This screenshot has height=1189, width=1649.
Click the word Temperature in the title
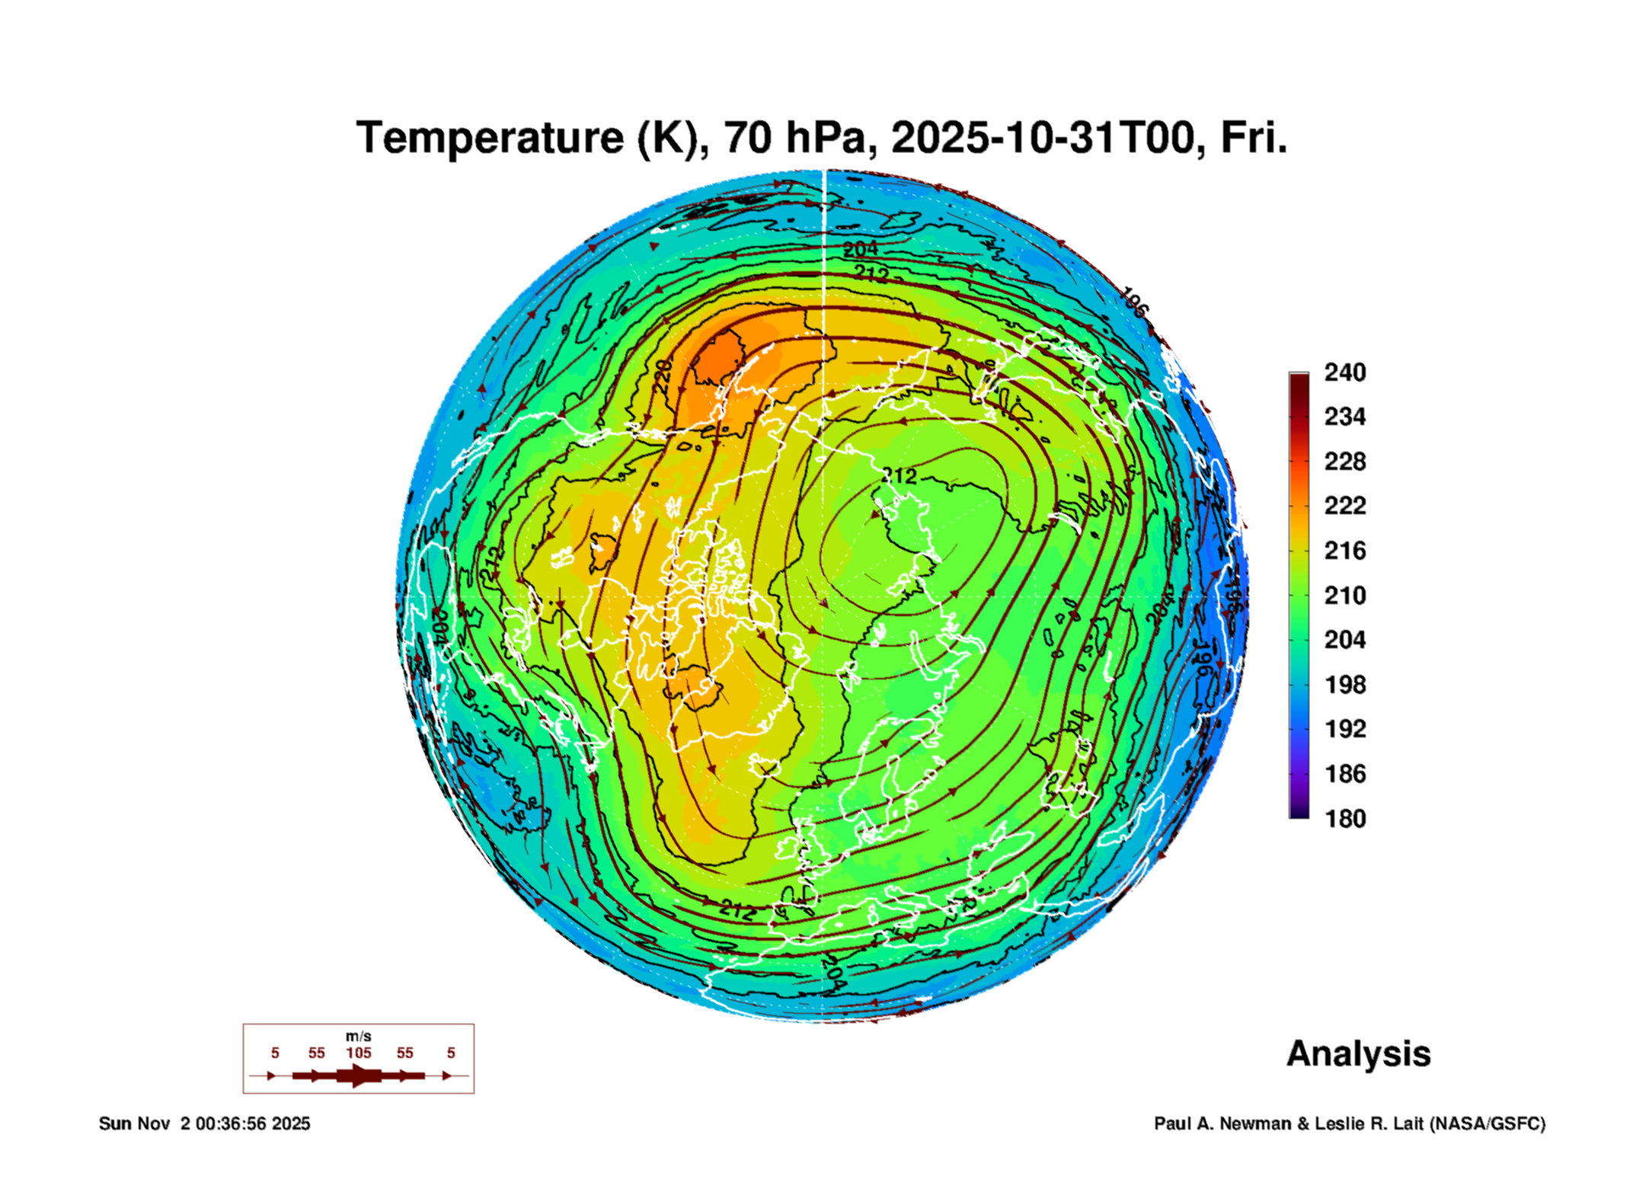(490, 138)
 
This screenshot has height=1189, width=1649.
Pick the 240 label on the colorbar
(1344, 372)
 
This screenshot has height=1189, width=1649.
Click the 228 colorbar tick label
(1344, 462)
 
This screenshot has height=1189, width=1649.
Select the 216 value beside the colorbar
(1344, 551)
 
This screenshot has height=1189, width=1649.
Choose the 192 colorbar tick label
(1344, 729)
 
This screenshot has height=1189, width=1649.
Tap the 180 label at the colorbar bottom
(1344, 819)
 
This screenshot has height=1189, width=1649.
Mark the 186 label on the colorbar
(1344, 774)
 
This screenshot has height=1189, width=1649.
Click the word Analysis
(1358, 1053)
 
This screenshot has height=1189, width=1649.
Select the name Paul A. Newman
(1223, 1123)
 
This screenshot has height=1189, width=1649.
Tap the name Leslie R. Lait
(1368, 1123)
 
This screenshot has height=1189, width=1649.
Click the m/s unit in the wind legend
(358, 1036)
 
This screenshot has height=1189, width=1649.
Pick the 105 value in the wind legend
(358, 1053)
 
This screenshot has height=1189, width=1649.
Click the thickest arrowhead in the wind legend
(358, 1076)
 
